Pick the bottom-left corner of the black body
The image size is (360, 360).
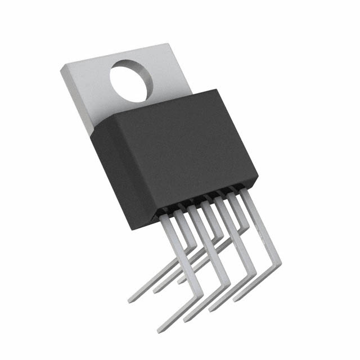point(133,229)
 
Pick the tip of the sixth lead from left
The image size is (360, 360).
point(180,280)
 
